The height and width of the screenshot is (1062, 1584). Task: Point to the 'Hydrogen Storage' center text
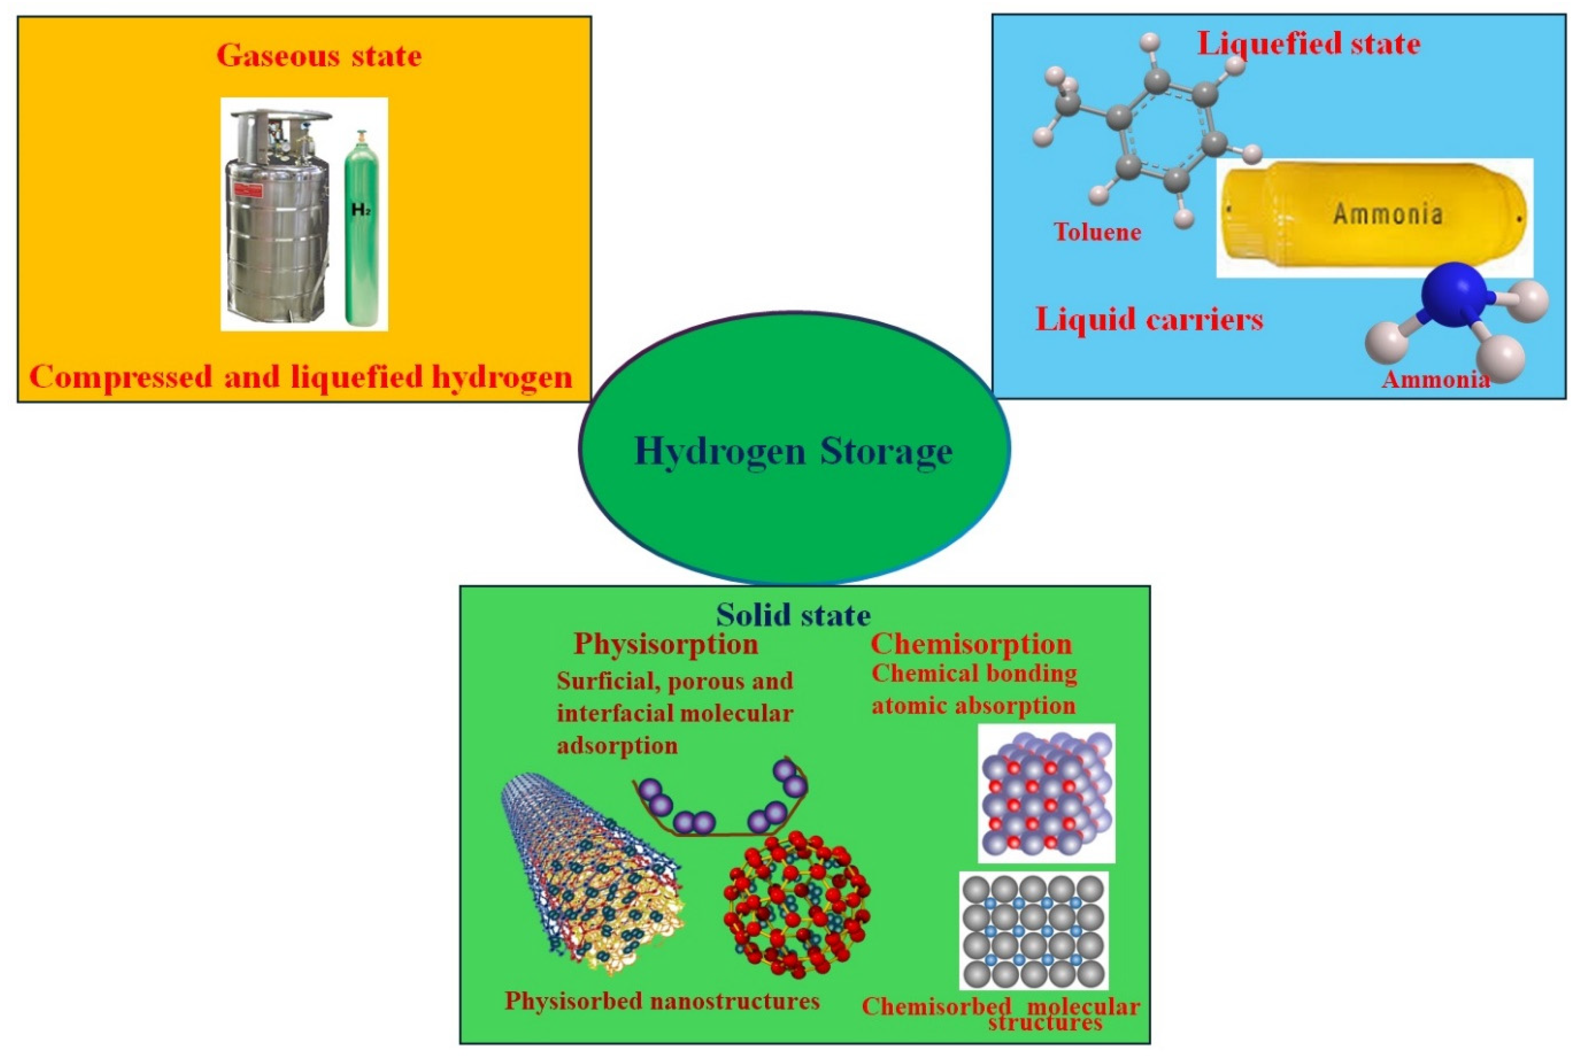tap(793, 452)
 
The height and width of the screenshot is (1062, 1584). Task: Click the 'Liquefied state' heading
tap(1309, 44)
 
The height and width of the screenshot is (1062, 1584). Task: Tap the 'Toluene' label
tap(1097, 232)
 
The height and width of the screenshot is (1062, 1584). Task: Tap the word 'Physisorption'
tap(666, 644)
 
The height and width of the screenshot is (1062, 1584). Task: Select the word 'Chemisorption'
tap(971, 644)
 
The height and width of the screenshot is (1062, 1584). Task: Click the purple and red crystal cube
tap(1046, 792)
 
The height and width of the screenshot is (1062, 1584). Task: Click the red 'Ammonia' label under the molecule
tap(1436, 379)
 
